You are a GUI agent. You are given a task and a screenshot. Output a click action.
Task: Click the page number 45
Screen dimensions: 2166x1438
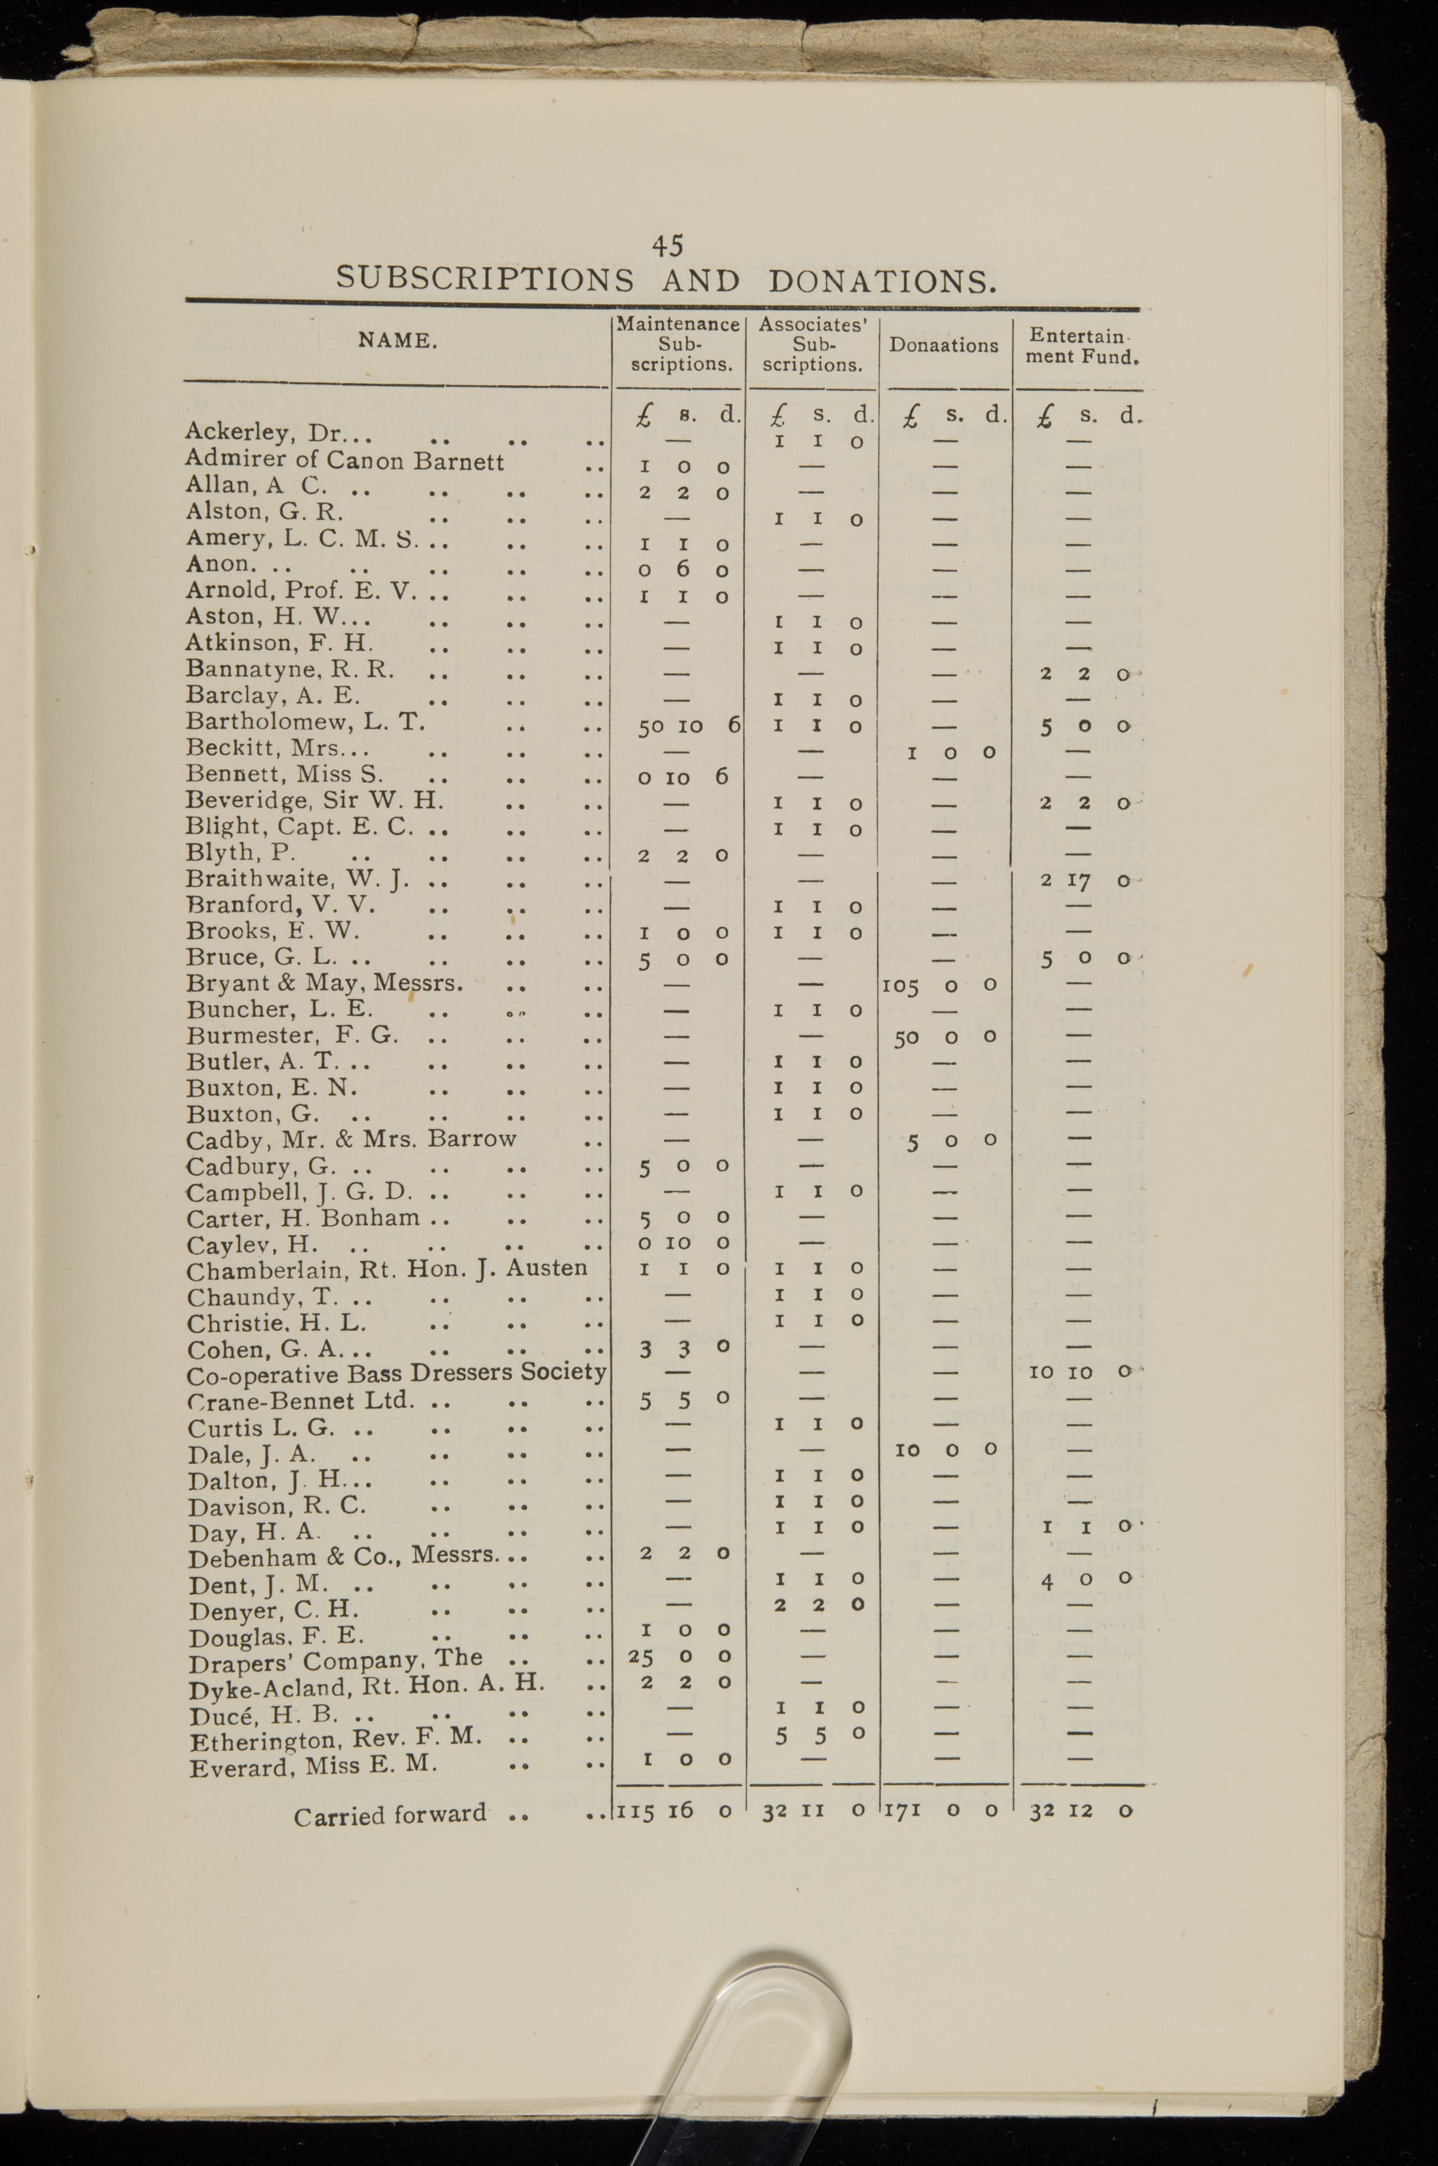coord(668,246)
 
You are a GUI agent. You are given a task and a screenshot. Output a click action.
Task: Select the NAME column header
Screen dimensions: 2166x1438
coord(397,341)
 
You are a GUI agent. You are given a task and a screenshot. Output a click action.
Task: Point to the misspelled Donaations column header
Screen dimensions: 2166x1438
coord(944,346)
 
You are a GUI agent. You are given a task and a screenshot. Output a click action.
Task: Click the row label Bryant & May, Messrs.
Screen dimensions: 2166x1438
coord(324,983)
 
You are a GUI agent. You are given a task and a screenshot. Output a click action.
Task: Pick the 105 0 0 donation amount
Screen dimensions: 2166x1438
coord(939,985)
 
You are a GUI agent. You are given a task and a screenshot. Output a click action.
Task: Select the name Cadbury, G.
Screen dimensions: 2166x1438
coord(261,1167)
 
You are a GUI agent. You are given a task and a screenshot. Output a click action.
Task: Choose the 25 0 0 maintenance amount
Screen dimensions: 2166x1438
coord(679,1657)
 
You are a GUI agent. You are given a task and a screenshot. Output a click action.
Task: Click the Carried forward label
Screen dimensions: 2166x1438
coord(390,1814)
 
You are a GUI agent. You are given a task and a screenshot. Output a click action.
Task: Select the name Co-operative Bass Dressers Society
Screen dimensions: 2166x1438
coord(396,1374)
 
